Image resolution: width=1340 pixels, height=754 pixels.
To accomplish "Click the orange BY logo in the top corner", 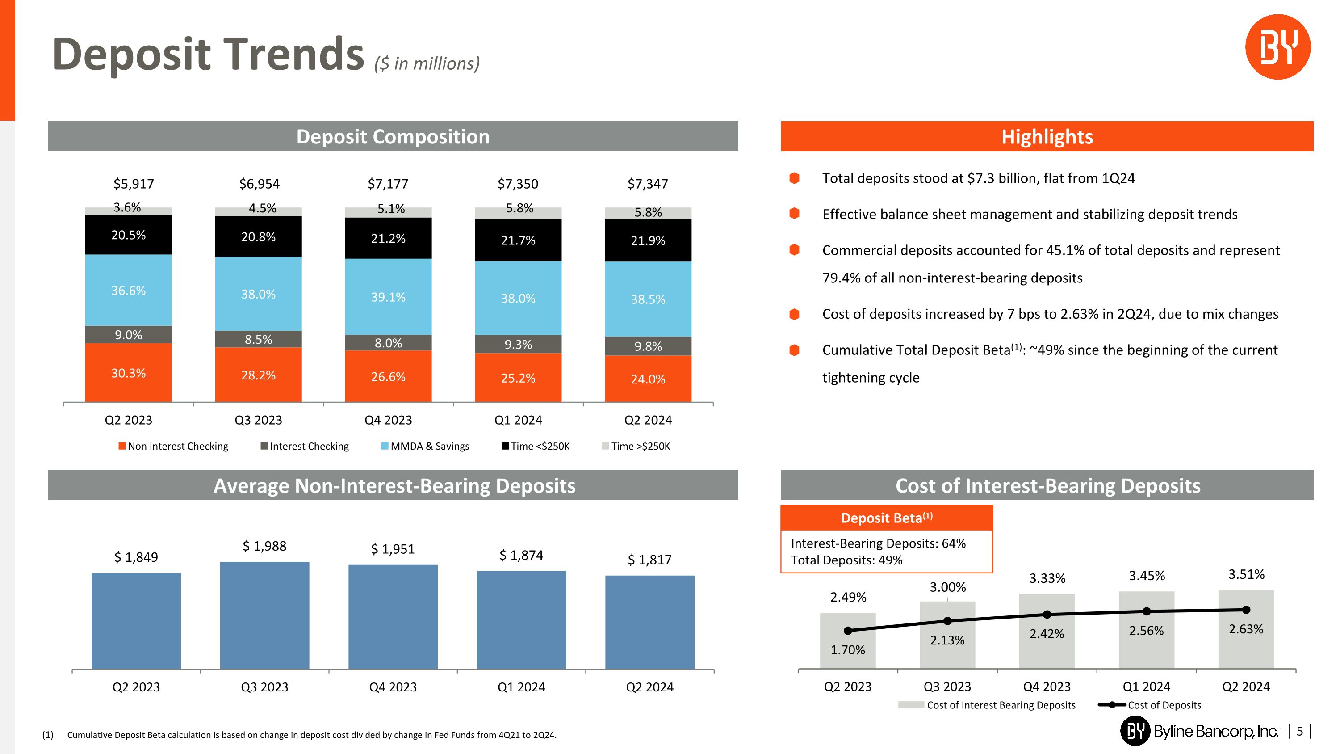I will click(1277, 47).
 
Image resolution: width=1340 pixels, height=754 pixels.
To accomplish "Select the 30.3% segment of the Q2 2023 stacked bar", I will click(129, 373).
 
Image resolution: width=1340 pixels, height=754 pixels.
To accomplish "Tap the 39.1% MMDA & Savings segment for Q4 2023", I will click(388, 297).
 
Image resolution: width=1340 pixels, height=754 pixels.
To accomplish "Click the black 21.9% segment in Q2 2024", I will click(648, 240).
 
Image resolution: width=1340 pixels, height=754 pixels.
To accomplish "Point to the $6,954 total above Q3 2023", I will click(259, 184).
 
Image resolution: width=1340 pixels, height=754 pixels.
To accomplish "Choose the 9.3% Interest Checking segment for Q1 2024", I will click(518, 344).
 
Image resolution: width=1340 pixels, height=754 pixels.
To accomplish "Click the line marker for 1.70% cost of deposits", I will click(848, 631).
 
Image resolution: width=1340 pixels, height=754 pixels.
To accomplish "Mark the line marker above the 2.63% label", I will click(1246, 610).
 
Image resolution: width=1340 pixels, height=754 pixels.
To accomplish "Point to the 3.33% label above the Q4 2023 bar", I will click(1047, 578).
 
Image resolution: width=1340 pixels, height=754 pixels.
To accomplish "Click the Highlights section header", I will click(1047, 136).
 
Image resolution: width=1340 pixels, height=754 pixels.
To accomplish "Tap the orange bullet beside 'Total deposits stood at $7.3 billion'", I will click(794, 178).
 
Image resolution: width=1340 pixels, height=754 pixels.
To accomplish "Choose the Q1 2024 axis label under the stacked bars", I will click(518, 420).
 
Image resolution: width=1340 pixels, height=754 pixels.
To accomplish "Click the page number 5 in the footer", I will click(1299, 731).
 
